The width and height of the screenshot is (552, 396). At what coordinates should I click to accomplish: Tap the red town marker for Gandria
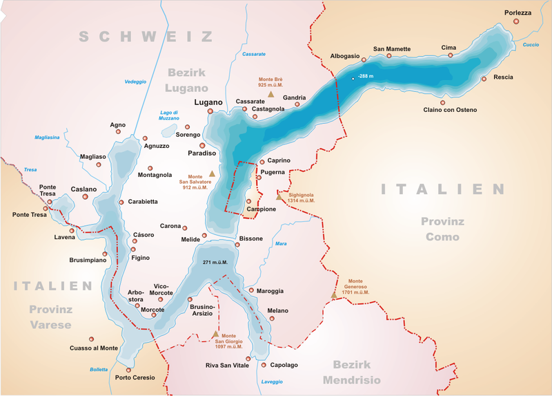click(x=297, y=105)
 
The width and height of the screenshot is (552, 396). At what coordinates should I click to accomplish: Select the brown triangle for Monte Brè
click(x=271, y=94)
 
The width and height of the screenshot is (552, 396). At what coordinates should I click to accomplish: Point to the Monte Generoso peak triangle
click(x=334, y=295)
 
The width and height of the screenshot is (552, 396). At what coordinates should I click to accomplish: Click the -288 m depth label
click(x=366, y=76)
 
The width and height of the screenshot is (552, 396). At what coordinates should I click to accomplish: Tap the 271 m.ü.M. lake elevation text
click(x=215, y=263)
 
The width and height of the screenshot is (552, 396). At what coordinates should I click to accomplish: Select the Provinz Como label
click(x=442, y=229)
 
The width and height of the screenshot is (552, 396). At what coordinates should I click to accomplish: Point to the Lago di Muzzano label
click(x=169, y=115)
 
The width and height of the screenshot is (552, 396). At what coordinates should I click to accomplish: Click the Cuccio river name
click(x=531, y=45)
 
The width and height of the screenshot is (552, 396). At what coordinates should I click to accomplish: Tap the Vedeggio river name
click(x=135, y=82)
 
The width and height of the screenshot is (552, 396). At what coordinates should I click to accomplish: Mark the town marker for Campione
click(x=249, y=202)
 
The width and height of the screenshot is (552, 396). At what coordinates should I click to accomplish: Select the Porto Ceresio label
click(x=135, y=378)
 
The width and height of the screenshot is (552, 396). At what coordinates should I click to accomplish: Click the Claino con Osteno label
click(x=450, y=110)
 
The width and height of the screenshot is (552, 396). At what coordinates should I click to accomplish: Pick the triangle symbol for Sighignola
click(x=279, y=197)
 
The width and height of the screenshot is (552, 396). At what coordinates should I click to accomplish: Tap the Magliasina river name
click(x=47, y=138)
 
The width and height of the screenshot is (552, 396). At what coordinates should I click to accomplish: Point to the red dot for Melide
click(x=204, y=235)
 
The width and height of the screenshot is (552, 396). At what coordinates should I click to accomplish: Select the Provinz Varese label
click(x=50, y=317)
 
